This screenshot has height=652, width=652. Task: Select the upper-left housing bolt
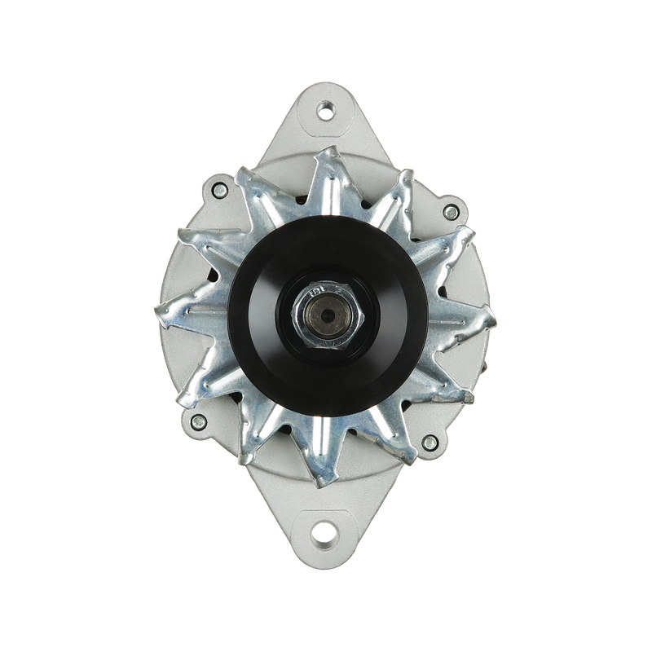pos(218,190)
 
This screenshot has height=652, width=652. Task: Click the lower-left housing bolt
pos(197,421)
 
